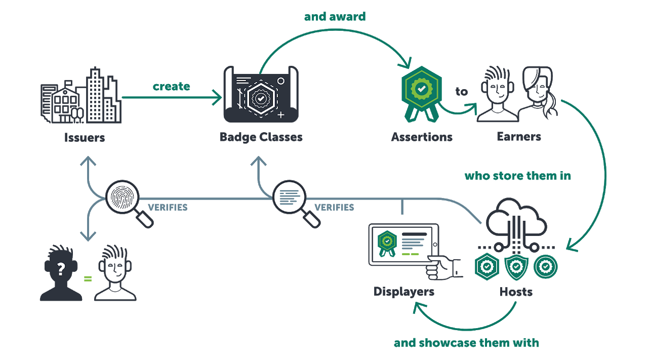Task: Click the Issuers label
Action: pyautogui.click(x=84, y=137)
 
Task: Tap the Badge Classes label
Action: pyautogui.click(x=261, y=137)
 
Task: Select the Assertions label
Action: pyautogui.click(x=421, y=137)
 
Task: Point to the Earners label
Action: pyautogui.click(x=518, y=136)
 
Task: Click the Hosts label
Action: pyautogui.click(x=515, y=292)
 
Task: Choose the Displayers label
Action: pyautogui.click(x=403, y=292)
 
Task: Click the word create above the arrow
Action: pyautogui.click(x=171, y=86)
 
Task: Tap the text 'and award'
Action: pyautogui.click(x=335, y=16)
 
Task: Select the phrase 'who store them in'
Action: pyautogui.click(x=517, y=176)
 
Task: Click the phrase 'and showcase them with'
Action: pyautogui.click(x=466, y=343)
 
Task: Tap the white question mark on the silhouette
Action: pyautogui.click(x=61, y=269)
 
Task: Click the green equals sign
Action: pyautogui.click(x=88, y=278)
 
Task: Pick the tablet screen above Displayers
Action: pyautogui.click(x=403, y=244)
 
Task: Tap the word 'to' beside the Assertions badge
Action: pyautogui.click(x=461, y=92)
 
